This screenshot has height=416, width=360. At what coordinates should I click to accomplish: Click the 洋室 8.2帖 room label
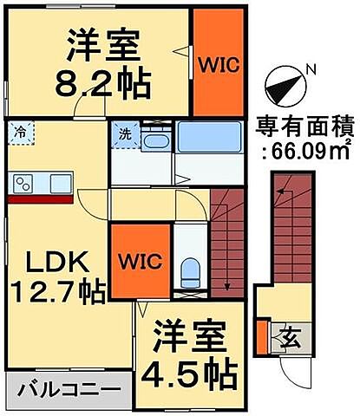pos(101,63)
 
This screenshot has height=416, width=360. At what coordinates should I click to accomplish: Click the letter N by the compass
pos(313,68)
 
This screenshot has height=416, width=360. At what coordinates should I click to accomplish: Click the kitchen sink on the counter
pos(61,183)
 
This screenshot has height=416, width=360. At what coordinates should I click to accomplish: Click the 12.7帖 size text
pos(56,289)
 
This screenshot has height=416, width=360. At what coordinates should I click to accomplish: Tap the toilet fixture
pos(190,271)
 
